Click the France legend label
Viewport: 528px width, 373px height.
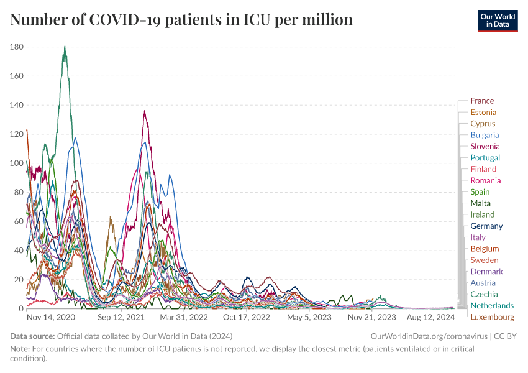click(482, 101)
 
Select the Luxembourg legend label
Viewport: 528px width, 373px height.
click(492, 317)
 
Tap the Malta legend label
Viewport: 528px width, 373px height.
click(480, 203)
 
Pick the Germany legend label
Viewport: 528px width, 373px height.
click(486, 226)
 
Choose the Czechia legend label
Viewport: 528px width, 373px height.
click(483, 294)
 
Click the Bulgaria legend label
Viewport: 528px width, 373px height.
click(485, 135)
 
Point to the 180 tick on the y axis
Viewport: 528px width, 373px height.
click(17, 47)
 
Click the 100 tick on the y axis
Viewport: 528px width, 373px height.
click(17, 163)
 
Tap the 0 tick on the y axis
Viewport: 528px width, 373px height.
click(21, 309)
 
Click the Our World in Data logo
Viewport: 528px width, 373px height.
click(497, 20)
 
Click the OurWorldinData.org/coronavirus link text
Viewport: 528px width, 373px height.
click(428, 336)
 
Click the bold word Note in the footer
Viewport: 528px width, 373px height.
click(20, 348)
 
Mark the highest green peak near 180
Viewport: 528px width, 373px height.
click(65, 46)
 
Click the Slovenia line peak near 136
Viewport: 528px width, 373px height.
click(145, 111)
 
